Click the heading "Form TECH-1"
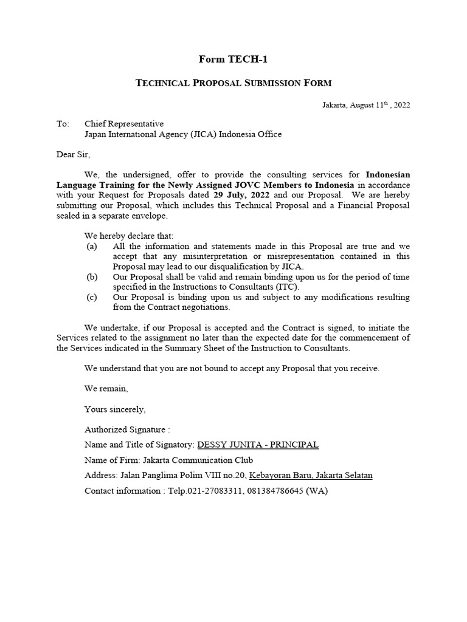233,60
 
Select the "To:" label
63,123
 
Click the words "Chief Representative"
124,123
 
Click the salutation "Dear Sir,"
73,154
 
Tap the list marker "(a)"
92,247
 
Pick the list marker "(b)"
92,276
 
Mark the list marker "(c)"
92,297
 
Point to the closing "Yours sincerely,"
115,409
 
